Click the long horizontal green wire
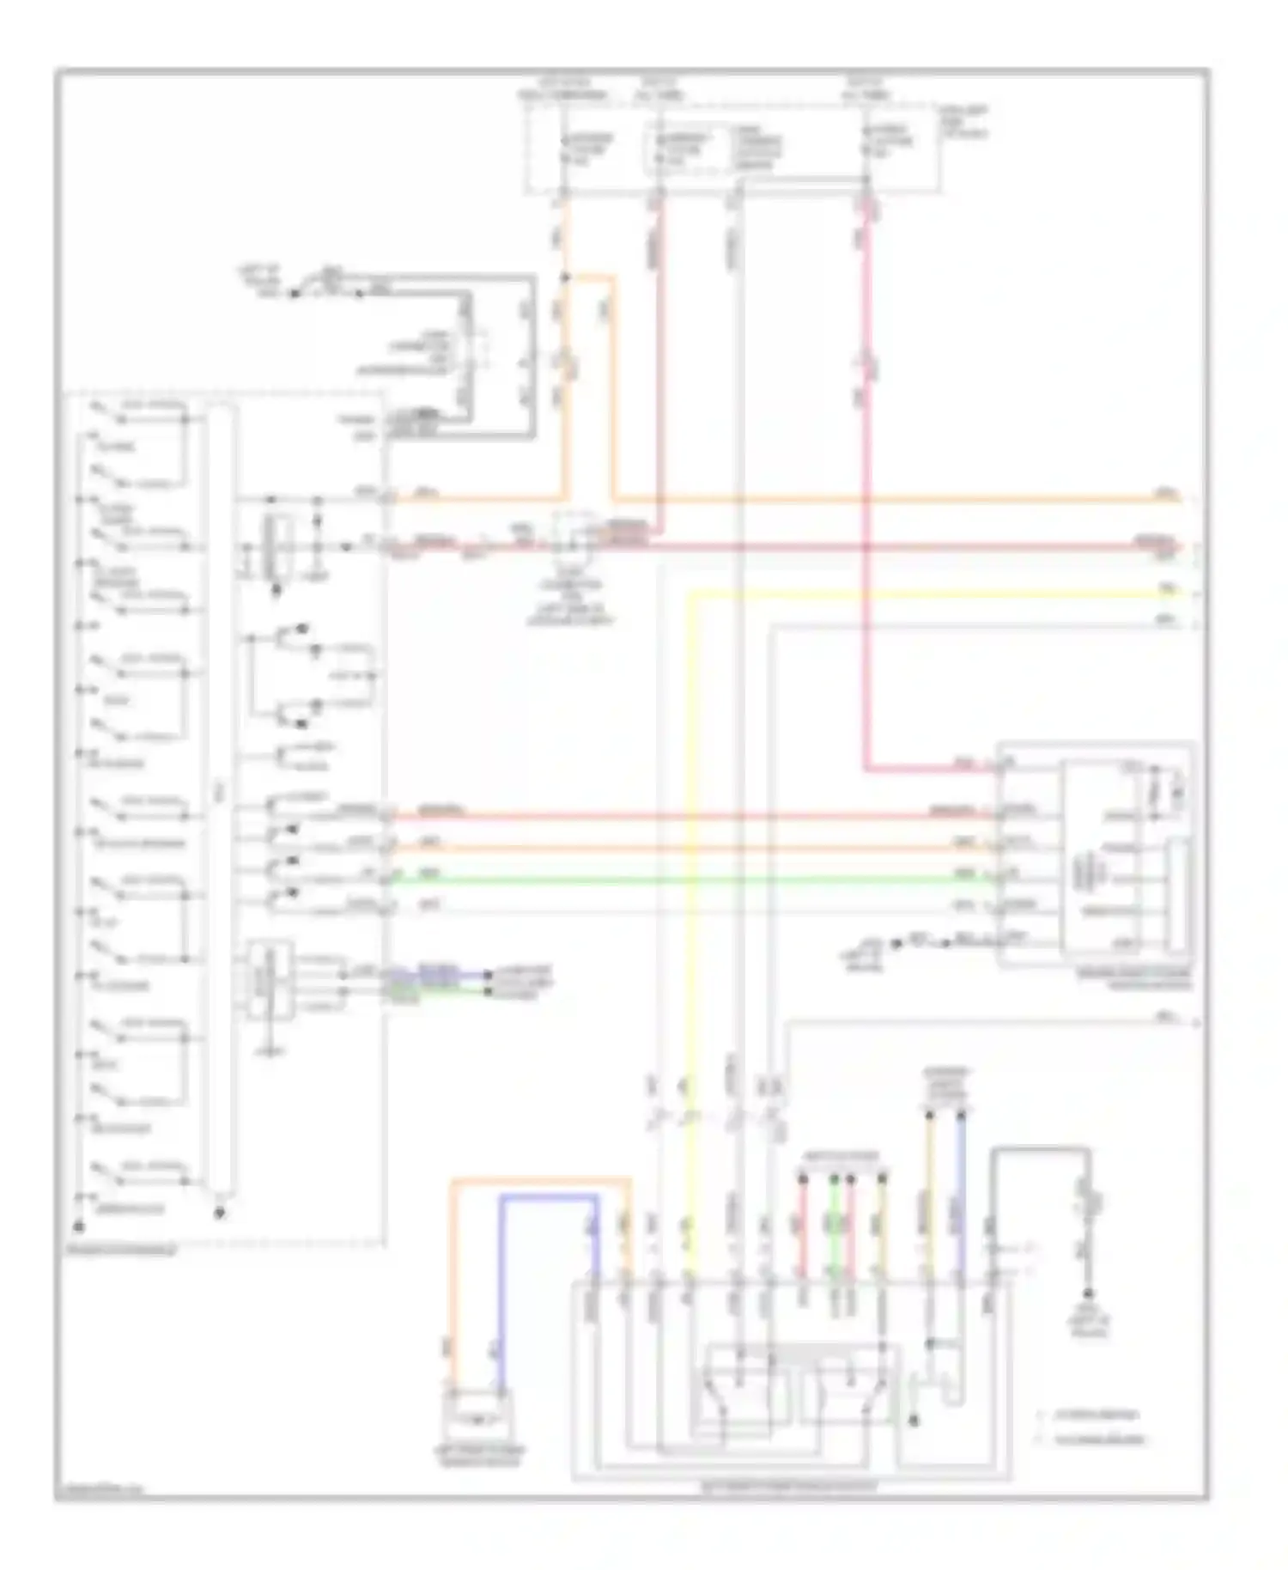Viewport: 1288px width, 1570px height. pos(687,879)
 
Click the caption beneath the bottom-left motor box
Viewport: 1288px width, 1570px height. pos(479,1456)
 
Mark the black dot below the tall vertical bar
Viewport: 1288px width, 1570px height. pos(220,1213)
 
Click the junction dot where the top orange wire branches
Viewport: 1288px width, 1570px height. pos(564,277)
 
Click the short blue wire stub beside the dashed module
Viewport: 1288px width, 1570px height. pos(438,977)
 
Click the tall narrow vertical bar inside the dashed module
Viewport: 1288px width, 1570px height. pos(220,799)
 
